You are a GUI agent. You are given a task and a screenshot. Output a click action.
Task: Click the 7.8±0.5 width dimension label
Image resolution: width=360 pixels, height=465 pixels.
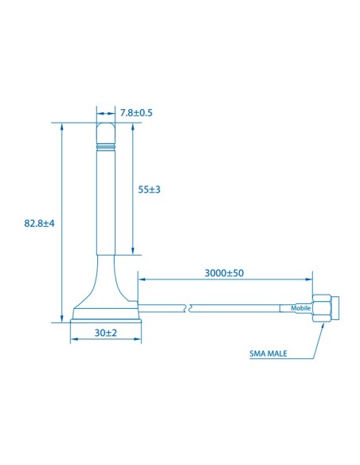[135, 113]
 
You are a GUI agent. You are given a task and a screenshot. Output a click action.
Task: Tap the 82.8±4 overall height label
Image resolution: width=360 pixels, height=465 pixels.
[39, 224]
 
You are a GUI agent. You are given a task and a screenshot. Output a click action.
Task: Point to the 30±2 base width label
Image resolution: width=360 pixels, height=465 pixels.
[106, 332]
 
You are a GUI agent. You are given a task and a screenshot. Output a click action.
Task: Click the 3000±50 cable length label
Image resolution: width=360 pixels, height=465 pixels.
[224, 272]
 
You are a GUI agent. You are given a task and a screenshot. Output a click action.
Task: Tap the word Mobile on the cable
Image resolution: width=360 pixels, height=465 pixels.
[300, 308]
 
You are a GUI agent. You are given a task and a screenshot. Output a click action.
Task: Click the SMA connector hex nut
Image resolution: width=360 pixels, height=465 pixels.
[322, 308]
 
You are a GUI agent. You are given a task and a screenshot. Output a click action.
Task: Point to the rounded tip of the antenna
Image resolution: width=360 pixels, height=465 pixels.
[106, 127]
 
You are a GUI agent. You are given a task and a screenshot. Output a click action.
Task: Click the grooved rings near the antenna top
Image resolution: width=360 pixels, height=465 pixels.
[106, 148]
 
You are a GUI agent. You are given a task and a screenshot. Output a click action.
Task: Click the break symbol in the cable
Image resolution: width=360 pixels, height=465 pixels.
[187, 307]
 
